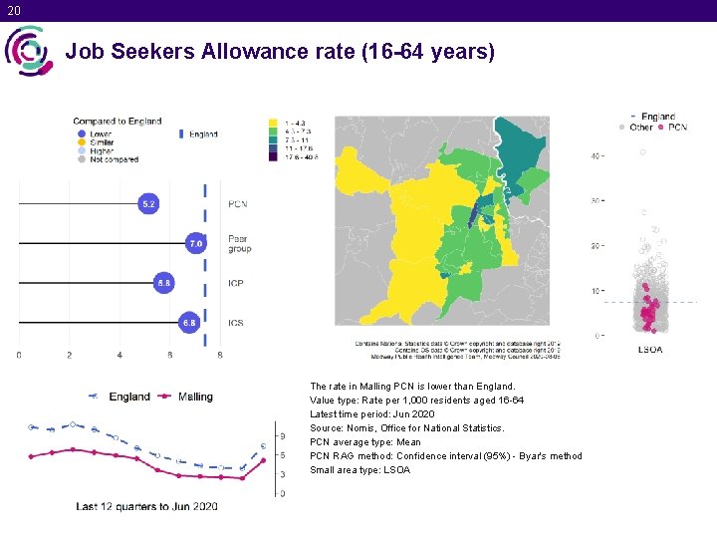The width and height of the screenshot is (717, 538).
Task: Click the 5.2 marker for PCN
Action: [x=148, y=204]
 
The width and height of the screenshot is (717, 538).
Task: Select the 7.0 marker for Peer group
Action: [x=196, y=243]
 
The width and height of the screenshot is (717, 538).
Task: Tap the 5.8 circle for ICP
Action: [x=164, y=283]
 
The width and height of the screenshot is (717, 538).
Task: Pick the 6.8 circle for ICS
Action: [x=188, y=323]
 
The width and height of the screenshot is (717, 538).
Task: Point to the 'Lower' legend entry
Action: [x=100, y=134]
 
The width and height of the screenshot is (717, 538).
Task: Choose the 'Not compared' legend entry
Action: [x=111, y=159]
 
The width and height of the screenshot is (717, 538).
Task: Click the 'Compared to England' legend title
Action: [x=117, y=122]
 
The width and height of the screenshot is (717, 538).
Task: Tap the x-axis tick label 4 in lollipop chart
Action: [x=120, y=355]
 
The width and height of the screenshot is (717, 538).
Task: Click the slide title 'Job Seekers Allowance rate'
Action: [x=280, y=51]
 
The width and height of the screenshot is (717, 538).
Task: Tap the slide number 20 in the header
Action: [x=13, y=10]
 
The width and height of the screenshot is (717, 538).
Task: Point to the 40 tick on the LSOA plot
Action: [x=596, y=156]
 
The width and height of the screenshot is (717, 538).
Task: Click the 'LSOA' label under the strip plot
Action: [x=649, y=350]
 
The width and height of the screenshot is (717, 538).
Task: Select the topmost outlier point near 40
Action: [x=643, y=152]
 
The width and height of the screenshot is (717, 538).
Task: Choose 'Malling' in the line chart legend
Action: [x=194, y=397]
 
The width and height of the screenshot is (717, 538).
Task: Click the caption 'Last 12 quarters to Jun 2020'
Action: [x=146, y=507]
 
